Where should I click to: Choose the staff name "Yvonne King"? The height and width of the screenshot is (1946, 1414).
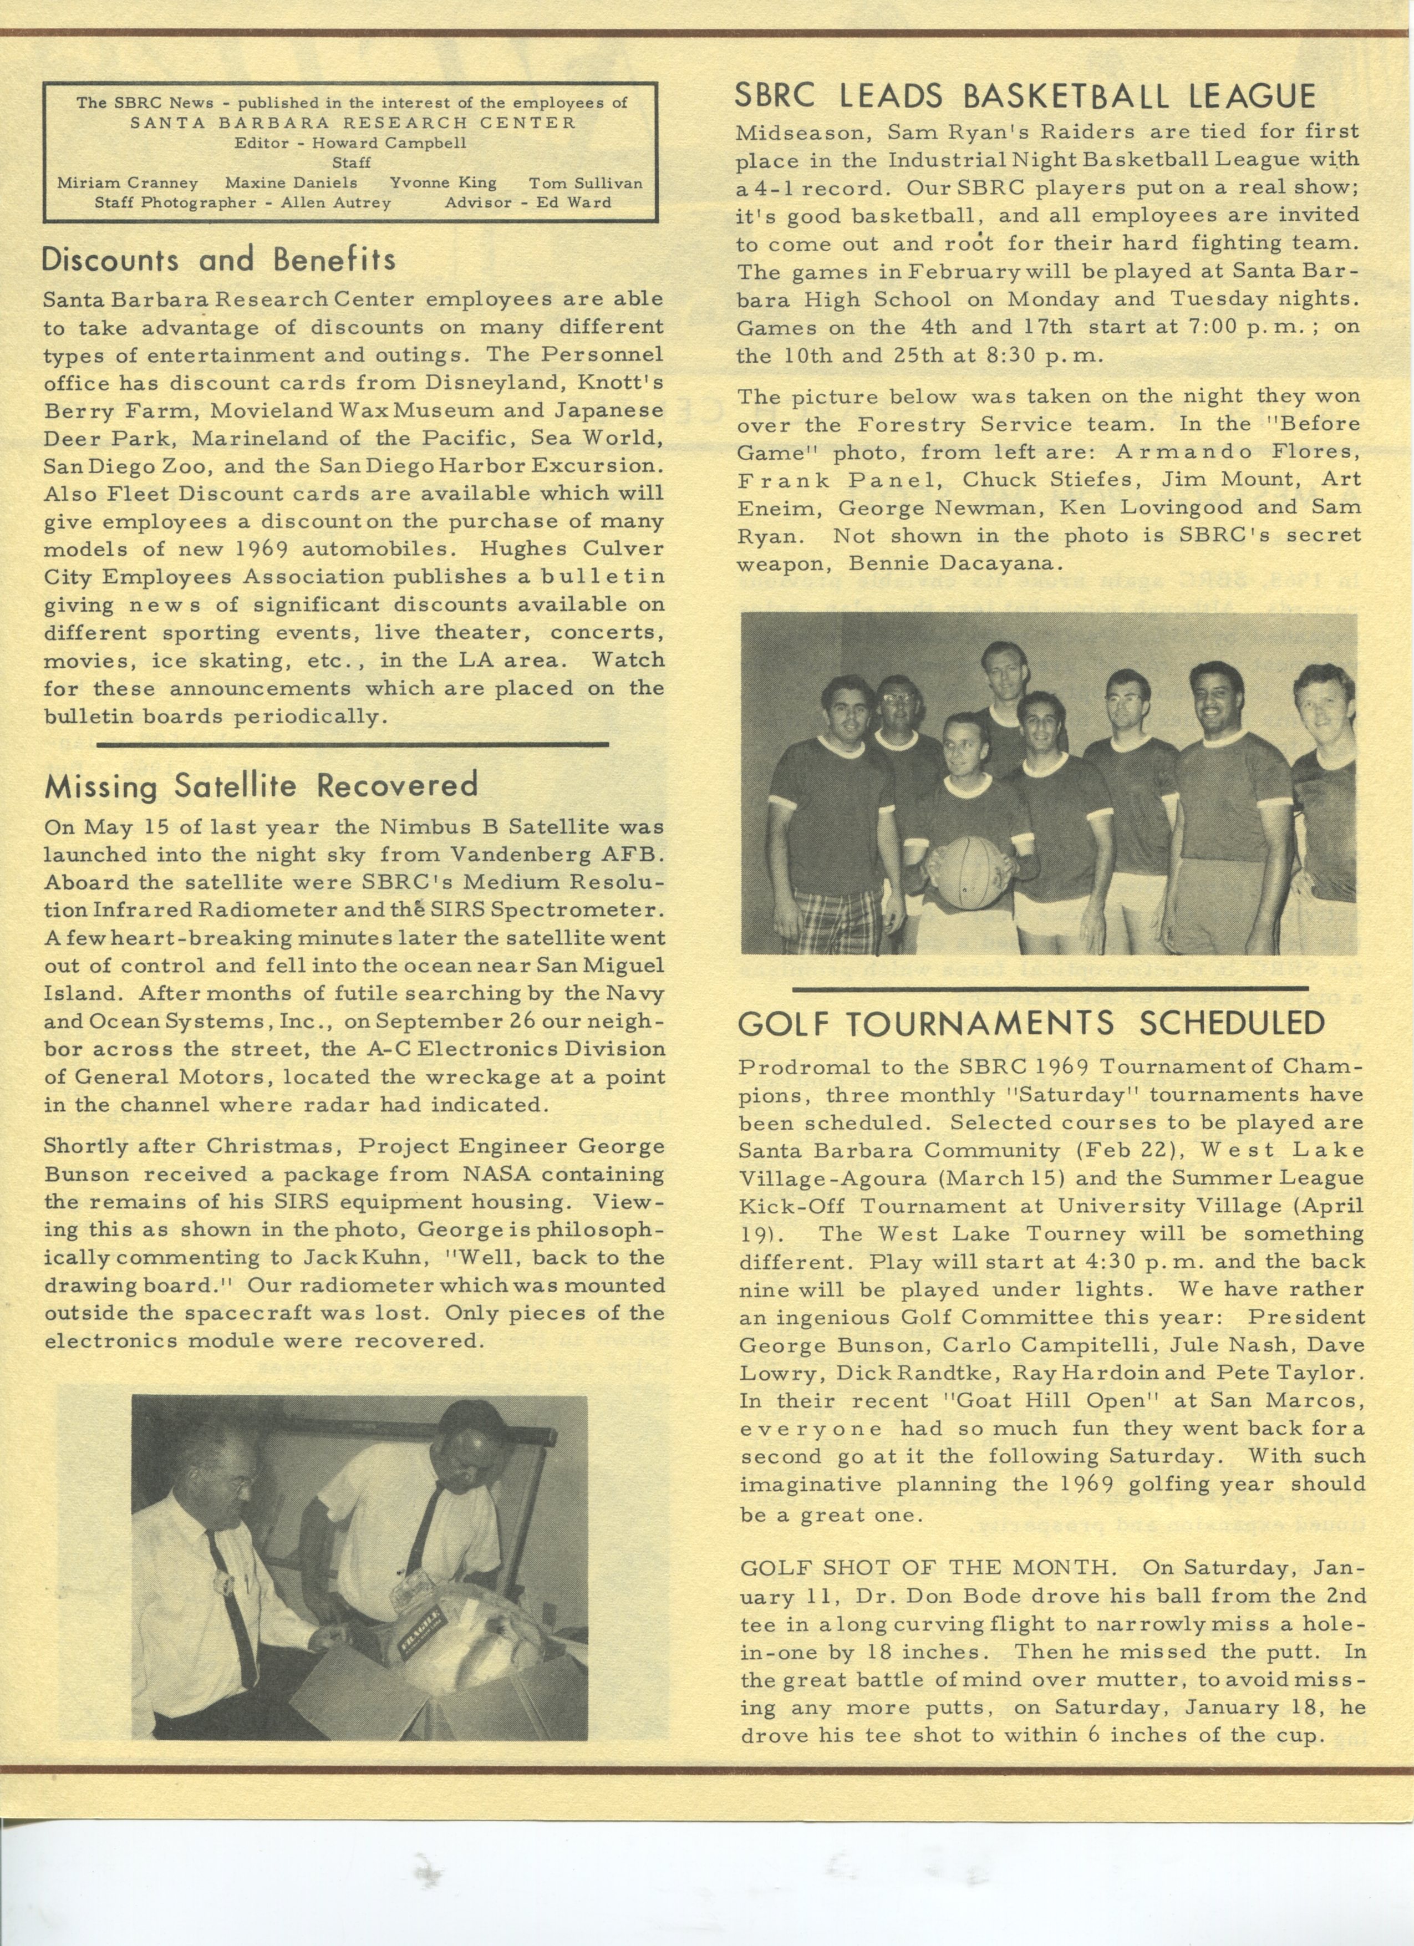(x=442, y=183)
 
